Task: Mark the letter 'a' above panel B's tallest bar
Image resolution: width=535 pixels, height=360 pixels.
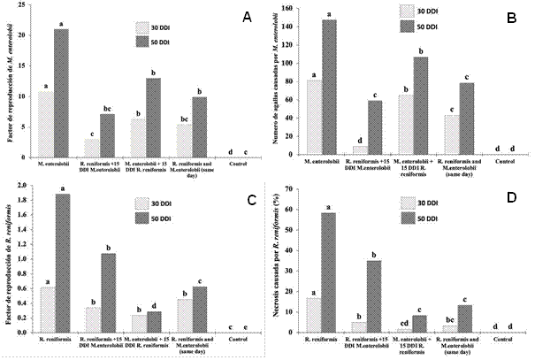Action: [329, 14]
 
